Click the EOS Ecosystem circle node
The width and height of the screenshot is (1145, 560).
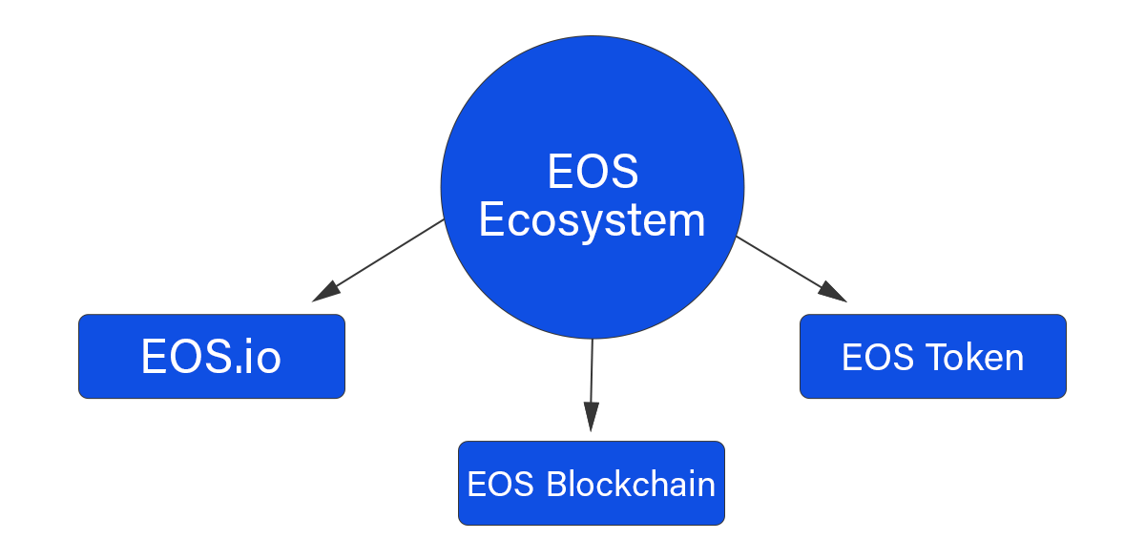593,187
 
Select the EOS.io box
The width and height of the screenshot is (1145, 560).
212,356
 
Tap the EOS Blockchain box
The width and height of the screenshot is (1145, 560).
592,483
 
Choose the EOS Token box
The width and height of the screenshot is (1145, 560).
933,356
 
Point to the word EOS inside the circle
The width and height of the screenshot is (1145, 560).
593,171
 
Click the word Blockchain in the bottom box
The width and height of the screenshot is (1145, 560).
631,484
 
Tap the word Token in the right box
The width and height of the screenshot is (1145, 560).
976,357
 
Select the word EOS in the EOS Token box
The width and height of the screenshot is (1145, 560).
878,357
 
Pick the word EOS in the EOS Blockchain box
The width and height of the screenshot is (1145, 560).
500,484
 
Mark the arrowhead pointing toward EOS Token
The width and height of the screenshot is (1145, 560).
833,291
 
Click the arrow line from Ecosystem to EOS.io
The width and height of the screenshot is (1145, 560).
378,260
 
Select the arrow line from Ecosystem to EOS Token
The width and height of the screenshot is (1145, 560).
792,269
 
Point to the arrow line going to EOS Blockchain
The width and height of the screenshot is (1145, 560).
592,385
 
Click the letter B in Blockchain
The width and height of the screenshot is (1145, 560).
557,484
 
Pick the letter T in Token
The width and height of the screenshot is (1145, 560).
939,357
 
